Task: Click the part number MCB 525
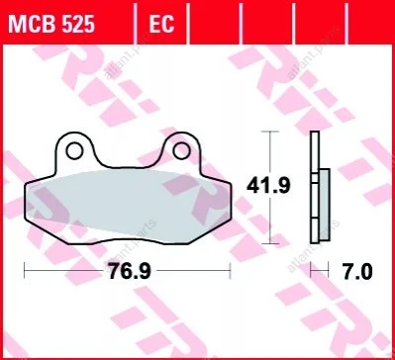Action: pos(51,25)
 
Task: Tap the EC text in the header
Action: pos(161,25)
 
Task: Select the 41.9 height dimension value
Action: pos(268,186)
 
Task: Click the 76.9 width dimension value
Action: pos(130,271)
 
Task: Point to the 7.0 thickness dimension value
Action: pos(357,272)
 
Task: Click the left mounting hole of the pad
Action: pos(74,151)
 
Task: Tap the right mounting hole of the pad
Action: pos(181,150)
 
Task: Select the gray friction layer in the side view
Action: pos(325,206)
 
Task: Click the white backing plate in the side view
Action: pos(315,187)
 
